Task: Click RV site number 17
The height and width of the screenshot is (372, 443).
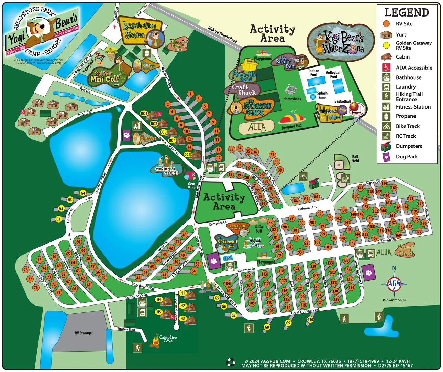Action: (219, 158)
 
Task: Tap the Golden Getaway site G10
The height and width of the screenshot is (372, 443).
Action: (310, 319)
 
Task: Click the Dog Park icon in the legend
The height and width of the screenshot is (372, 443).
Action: (386, 157)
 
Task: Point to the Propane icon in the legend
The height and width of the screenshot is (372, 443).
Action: (386, 116)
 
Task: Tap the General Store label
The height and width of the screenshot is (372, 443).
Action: (166, 171)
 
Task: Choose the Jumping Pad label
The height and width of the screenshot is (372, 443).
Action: (291, 126)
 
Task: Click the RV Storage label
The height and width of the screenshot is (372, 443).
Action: (83, 333)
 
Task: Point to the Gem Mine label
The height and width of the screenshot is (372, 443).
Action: (191, 186)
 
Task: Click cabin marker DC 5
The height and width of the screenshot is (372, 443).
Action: (187, 155)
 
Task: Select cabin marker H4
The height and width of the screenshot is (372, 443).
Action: (159, 299)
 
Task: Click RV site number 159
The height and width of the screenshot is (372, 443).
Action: (384, 184)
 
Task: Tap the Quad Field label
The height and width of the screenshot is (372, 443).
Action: (406, 250)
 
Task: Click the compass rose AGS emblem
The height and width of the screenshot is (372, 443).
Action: (394, 284)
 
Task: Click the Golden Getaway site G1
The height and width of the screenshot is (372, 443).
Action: (58, 219)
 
